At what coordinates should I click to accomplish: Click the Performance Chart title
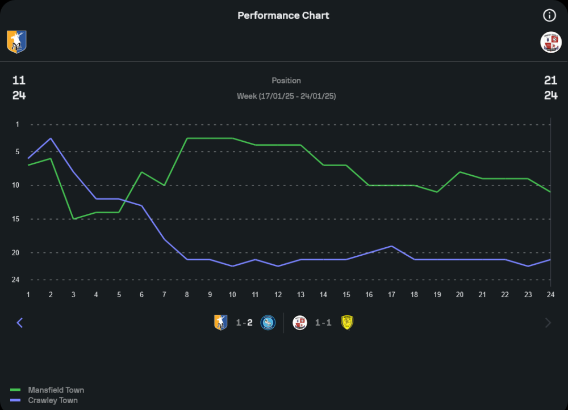(283, 15)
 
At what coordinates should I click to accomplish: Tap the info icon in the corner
(549, 15)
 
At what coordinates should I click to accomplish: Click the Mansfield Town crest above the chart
(16, 42)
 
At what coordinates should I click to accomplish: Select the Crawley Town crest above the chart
(550, 43)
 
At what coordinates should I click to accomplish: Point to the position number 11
(19, 81)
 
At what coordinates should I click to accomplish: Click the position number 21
(550, 81)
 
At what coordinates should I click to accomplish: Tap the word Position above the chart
(286, 81)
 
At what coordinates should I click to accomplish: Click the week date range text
(286, 96)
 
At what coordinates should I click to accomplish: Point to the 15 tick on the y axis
(16, 219)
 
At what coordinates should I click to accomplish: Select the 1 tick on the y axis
(17, 124)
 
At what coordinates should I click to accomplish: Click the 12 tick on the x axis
(278, 294)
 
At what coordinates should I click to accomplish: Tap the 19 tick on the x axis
(437, 294)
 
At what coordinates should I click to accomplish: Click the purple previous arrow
(20, 323)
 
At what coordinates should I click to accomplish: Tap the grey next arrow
(548, 323)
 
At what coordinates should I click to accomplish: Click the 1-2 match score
(244, 323)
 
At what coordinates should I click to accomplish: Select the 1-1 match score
(323, 323)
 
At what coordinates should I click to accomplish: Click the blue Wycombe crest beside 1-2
(268, 323)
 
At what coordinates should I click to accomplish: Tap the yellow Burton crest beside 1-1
(346, 323)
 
